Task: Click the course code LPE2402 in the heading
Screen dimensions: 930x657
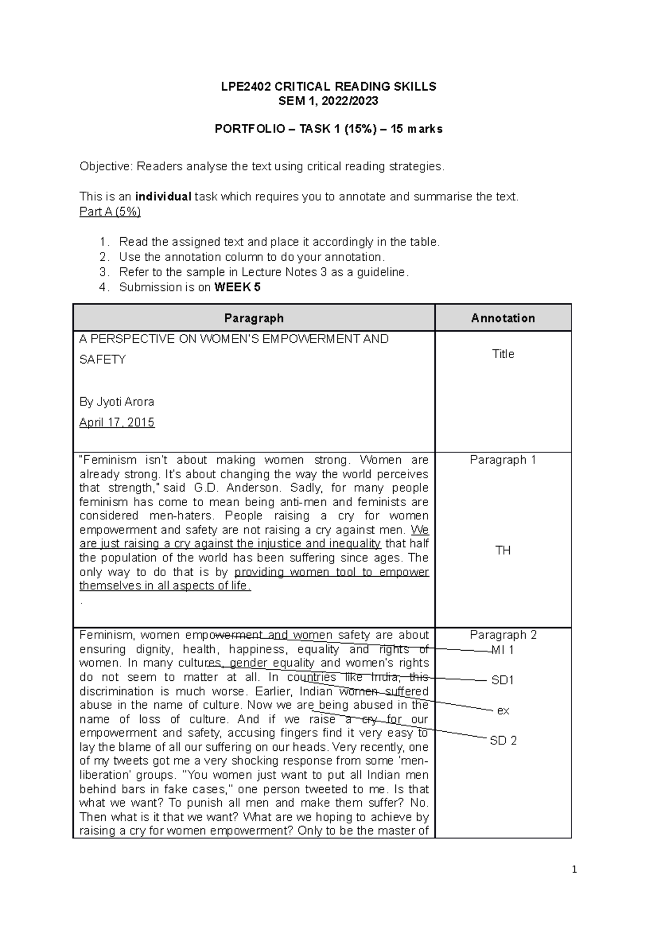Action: point(245,87)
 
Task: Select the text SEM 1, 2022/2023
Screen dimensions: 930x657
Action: point(328,101)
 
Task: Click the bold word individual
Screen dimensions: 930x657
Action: point(163,197)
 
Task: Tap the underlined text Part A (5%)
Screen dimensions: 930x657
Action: point(110,212)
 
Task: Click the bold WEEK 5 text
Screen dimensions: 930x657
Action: point(237,287)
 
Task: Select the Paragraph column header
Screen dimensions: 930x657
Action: point(253,318)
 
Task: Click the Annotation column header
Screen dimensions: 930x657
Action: point(503,318)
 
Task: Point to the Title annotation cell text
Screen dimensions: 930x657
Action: point(503,354)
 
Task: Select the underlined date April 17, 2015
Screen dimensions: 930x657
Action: point(117,422)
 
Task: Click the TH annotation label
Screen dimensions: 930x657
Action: point(503,550)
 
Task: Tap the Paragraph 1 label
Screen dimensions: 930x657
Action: point(503,460)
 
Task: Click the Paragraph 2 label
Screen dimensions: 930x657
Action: point(503,635)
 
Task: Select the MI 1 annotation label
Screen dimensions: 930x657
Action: point(503,650)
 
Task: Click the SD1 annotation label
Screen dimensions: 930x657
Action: point(503,680)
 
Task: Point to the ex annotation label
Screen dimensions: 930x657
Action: point(503,710)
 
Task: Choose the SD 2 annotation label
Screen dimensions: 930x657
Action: point(503,740)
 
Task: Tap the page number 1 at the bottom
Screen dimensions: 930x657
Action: point(574,869)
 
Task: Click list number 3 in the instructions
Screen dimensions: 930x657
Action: point(104,272)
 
